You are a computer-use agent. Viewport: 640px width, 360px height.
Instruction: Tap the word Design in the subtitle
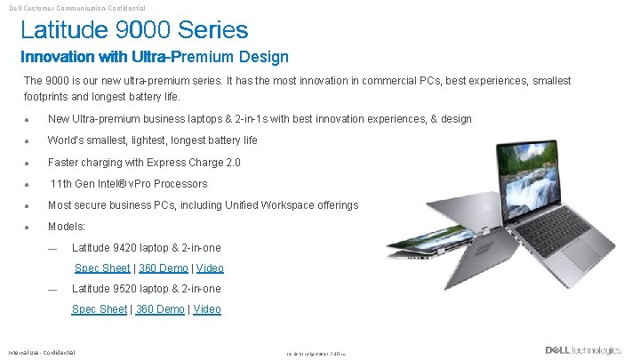click(264, 58)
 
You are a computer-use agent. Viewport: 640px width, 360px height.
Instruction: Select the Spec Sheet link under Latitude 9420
click(101, 268)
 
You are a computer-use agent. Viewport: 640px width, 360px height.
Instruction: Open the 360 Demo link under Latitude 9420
click(164, 268)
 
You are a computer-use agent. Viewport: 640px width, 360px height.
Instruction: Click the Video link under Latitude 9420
click(210, 268)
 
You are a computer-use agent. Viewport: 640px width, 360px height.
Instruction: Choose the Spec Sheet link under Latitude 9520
click(99, 309)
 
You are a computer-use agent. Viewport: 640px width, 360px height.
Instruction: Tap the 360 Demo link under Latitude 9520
click(161, 309)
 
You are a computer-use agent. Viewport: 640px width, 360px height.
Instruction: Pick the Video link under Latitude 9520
click(207, 309)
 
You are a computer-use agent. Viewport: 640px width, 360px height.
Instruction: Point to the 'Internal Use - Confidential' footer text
click(42, 351)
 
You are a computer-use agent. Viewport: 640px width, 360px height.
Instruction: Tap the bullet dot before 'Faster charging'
click(28, 164)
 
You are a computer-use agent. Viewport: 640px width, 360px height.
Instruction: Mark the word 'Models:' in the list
click(67, 227)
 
